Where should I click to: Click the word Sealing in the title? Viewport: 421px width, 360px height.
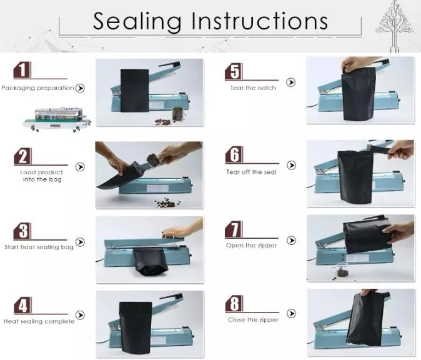[x=137, y=22]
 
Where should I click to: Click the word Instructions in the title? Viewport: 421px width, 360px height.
[x=259, y=21]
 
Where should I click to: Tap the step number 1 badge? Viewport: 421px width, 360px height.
[x=22, y=70]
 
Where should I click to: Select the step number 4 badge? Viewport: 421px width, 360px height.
[x=22, y=305]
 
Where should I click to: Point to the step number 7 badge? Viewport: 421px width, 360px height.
[x=234, y=229]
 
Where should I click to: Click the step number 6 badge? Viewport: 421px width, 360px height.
[x=234, y=155]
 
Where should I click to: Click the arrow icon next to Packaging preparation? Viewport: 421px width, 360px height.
[x=80, y=88]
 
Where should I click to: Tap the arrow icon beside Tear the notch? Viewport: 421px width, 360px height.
[x=291, y=82]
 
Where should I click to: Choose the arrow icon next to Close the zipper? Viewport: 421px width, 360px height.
[x=291, y=313]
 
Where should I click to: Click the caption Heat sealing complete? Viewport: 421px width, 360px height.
[x=39, y=321]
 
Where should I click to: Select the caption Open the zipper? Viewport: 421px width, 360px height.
[x=251, y=246]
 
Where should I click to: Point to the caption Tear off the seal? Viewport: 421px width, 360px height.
[x=251, y=172]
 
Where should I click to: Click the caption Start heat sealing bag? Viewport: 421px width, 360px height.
[x=39, y=247]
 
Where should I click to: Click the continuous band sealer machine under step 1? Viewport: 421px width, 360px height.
[x=57, y=119]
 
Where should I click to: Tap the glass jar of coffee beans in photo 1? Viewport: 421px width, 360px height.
[x=177, y=114]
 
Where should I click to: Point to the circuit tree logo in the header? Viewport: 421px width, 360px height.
[x=395, y=26]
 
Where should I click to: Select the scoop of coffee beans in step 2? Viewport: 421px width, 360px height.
[x=153, y=160]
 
